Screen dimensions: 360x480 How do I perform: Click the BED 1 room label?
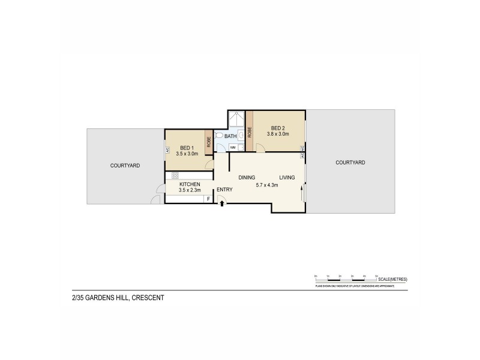(186, 148)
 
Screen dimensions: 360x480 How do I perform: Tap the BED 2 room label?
(277, 128)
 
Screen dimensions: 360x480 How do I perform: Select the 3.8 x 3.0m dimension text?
(278, 134)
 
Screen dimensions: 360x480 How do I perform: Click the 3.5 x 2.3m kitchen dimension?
(189, 190)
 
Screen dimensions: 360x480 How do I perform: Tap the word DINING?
(247, 178)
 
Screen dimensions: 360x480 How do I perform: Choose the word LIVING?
(287, 178)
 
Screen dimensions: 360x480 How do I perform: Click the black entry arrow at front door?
(223, 203)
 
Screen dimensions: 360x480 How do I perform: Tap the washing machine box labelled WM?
(232, 146)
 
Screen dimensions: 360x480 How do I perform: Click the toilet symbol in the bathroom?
(219, 136)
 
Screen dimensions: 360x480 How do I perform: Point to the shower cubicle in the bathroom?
(236, 119)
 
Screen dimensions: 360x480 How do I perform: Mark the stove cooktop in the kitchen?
(176, 176)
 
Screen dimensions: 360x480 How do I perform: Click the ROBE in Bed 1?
(208, 143)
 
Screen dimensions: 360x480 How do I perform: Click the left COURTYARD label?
(125, 165)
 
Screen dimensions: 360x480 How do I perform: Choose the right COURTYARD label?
(350, 163)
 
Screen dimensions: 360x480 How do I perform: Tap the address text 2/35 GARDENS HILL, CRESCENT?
(114, 298)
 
